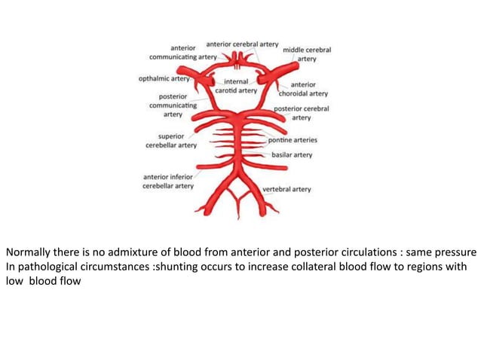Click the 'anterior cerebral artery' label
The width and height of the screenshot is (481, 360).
click(242, 44)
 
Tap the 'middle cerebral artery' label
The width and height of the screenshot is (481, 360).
click(307, 54)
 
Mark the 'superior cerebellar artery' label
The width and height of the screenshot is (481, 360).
click(168, 141)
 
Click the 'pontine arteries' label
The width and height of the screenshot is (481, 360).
click(293, 140)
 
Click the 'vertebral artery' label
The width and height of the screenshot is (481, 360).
click(286, 189)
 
